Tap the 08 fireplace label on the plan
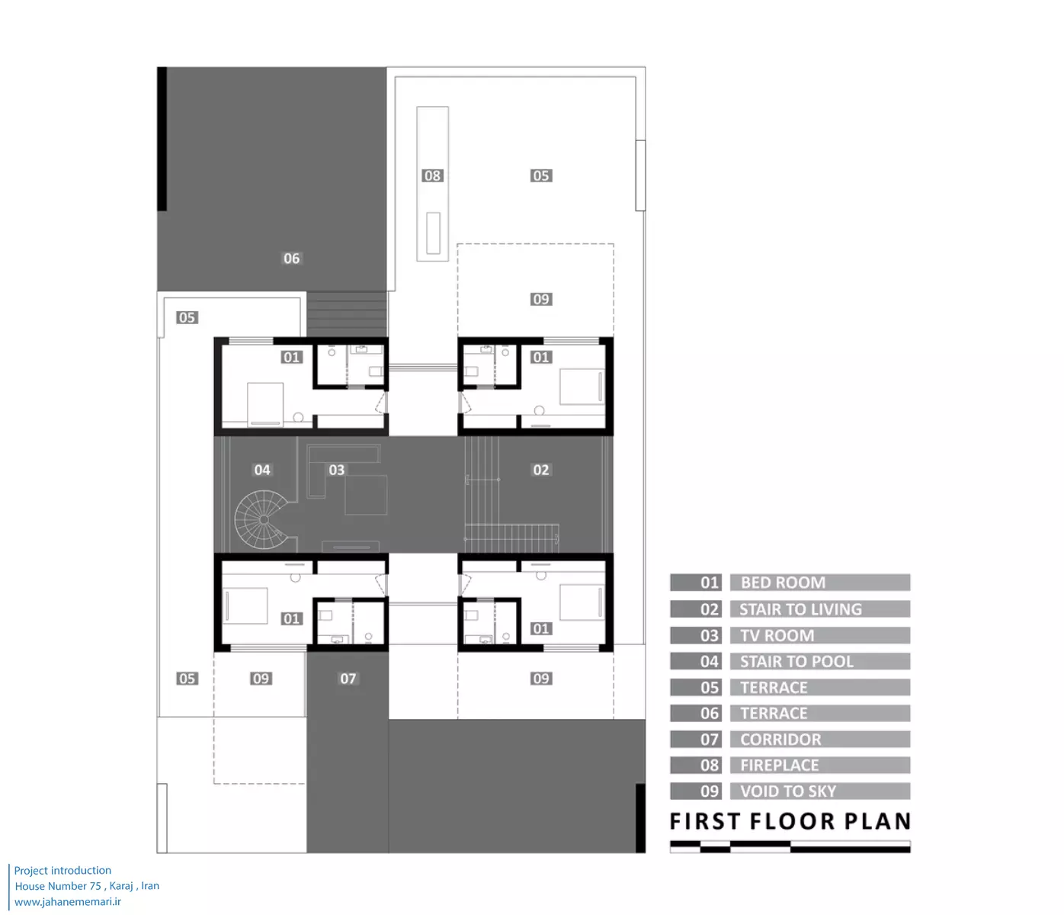point(432,175)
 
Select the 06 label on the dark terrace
point(291,258)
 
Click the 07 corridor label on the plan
point(348,679)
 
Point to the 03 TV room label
point(337,470)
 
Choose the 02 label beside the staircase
point(541,470)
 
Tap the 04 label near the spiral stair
point(262,470)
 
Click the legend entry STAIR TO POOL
point(796,661)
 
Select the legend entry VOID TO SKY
point(788,791)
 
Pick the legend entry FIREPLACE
point(780,765)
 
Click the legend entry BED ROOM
point(783,583)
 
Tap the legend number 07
point(710,740)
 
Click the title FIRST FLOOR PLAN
point(790,821)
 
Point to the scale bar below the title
point(790,846)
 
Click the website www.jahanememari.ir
point(67,901)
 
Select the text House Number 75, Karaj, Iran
point(87,886)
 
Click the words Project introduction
point(62,870)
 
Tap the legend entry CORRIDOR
point(780,740)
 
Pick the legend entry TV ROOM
point(777,635)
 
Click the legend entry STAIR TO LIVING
point(800,609)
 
